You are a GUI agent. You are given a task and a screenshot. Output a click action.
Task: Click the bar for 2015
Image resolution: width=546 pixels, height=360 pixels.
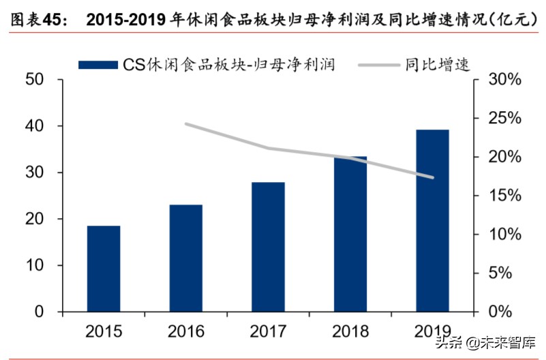coord(104,269)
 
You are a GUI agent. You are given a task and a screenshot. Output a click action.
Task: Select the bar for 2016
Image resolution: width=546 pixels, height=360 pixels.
coord(186,258)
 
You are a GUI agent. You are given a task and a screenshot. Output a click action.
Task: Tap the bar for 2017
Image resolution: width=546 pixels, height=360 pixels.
coord(268,247)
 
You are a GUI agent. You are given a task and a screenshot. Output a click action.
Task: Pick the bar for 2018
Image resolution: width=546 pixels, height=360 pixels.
coord(350,234)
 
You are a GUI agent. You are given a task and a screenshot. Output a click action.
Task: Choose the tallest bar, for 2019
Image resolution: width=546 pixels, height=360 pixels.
coord(433,220)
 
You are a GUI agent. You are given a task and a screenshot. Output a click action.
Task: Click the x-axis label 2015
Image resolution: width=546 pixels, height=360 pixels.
coord(104,331)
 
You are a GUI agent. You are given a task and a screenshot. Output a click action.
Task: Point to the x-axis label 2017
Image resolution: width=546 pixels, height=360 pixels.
coord(268,331)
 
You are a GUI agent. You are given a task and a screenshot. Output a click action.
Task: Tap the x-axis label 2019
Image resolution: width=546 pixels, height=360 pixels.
coord(433,331)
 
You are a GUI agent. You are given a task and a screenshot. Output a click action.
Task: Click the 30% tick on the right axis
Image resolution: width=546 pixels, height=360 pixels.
coord(504,80)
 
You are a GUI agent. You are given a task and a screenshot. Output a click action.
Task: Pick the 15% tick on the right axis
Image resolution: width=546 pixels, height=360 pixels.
coord(504,196)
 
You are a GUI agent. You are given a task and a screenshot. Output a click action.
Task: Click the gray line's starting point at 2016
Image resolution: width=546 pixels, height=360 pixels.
coord(186,124)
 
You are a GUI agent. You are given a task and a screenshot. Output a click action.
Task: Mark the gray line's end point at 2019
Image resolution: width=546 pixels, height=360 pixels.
coord(433,177)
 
